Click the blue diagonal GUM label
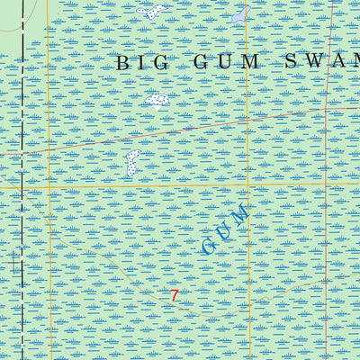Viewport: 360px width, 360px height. click(224, 229)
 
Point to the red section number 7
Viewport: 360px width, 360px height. click(175, 295)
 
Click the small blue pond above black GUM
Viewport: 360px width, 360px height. click(238, 16)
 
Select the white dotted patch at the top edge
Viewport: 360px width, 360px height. click(154, 12)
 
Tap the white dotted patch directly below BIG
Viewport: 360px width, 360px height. click(158, 101)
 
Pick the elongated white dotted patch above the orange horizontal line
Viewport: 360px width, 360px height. click(133, 162)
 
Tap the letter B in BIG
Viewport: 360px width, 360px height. click(122, 63)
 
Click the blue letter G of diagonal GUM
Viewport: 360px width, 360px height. click(209, 246)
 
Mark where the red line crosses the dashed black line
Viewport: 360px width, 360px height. click(22, 153)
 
